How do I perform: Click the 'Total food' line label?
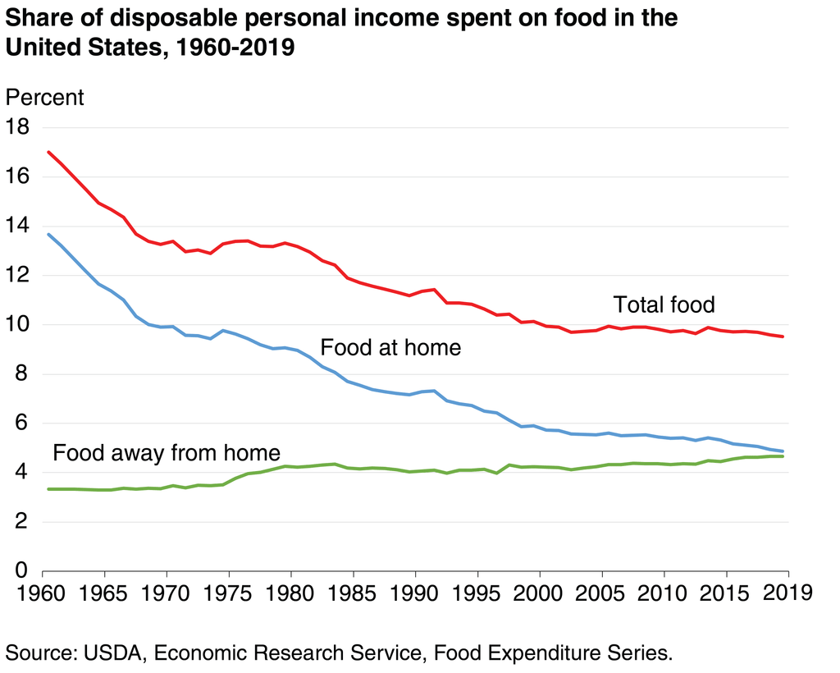664,305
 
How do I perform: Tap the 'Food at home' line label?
390,347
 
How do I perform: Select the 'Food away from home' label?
167,452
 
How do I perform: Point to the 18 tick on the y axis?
17,127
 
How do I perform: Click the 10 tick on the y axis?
17,324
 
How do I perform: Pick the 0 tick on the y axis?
23,570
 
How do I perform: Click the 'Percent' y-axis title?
44,97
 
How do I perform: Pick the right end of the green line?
783,456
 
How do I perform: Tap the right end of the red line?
783,336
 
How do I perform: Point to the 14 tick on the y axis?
17,226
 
